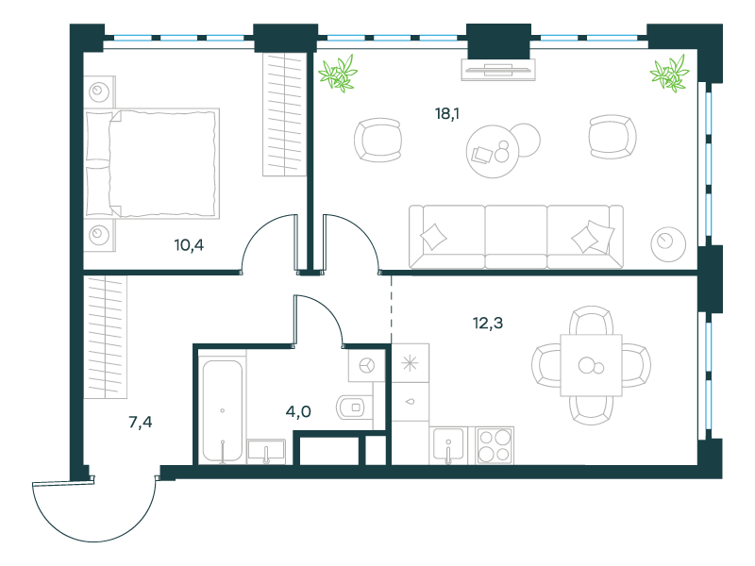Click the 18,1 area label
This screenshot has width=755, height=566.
pyautogui.click(x=446, y=114)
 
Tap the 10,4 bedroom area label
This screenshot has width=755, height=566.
pyautogui.click(x=189, y=245)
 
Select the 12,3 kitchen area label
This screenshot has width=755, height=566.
pyautogui.click(x=488, y=323)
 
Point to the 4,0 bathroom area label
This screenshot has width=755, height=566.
pyautogui.click(x=298, y=412)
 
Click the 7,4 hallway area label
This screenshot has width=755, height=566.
pyautogui.click(x=140, y=422)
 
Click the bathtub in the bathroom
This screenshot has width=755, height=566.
pyautogui.click(x=222, y=410)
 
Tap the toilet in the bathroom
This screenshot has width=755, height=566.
pyautogui.click(x=355, y=408)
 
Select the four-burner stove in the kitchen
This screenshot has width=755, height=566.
pyautogui.click(x=495, y=445)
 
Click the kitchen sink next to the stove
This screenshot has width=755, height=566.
pyautogui.click(x=447, y=445)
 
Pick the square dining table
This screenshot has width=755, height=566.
pyautogui.click(x=592, y=365)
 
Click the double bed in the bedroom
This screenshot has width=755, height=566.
pyautogui.click(x=152, y=163)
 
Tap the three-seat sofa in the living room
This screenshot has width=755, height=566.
pyautogui.click(x=515, y=237)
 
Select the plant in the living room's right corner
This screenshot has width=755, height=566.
pyautogui.click(x=669, y=74)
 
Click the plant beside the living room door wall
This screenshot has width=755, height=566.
pyautogui.click(x=338, y=74)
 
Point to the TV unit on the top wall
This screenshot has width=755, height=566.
pyautogui.click(x=498, y=70)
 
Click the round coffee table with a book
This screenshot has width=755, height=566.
pyautogui.click(x=493, y=151)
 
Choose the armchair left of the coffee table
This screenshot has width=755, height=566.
pyautogui.click(x=378, y=140)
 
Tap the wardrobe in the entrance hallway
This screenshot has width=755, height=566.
pyautogui.click(x=106, y=337)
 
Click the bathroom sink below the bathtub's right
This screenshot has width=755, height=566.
pyautogui.click(x=266, y=452)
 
